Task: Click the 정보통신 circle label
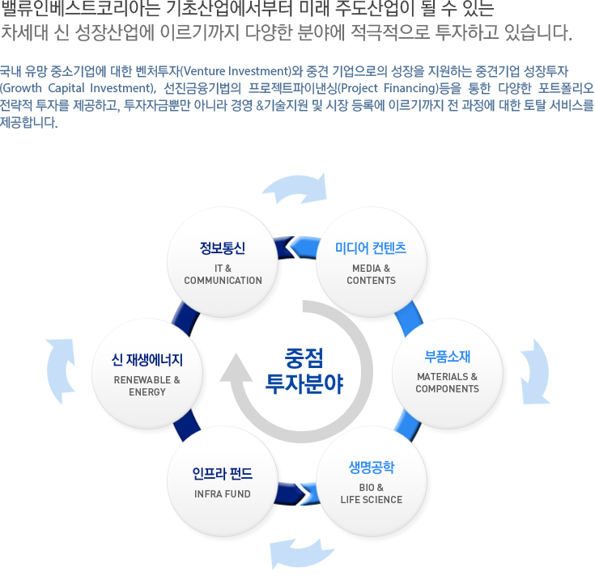(223, 248)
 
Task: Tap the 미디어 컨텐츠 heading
(371, 248)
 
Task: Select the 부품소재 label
(447, 357)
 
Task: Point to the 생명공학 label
(371, 468)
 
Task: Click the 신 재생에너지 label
(147, 359)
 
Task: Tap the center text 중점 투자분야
(304, 370)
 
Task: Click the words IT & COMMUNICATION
(223, 274)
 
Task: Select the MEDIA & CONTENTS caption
(371, 274)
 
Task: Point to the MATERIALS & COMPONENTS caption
(447, 383)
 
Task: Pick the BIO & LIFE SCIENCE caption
(371, 493)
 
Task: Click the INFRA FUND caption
(223, 494)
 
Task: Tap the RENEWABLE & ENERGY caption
(147, 386)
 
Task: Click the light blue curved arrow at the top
(294, 188)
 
